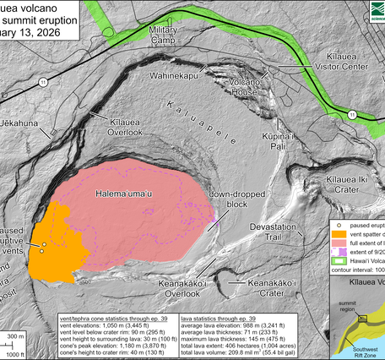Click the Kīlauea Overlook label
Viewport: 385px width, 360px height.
tap(127, 128)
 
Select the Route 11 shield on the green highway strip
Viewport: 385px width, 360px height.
tap(357, 112)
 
